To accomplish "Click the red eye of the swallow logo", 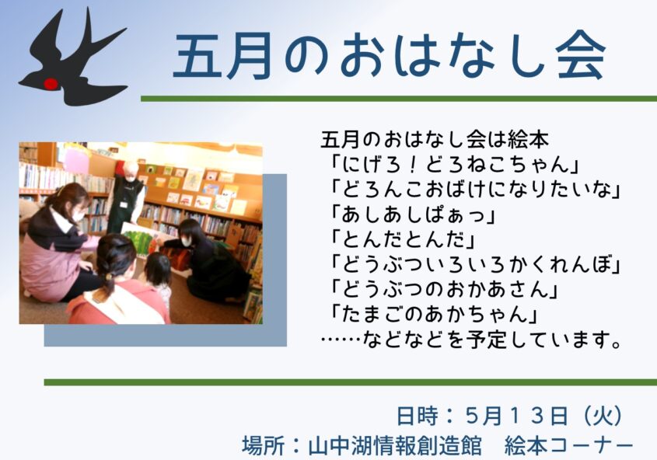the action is (51, 84).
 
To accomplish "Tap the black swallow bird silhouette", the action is (73, 58).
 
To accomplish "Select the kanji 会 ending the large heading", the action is (580, 57).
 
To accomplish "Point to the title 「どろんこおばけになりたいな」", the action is (475, 190).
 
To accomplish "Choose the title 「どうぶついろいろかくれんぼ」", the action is (475, 264).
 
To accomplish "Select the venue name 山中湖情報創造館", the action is (395, 446).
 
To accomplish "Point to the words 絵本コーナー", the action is (568, 446).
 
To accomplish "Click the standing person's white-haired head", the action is (131, 170).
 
